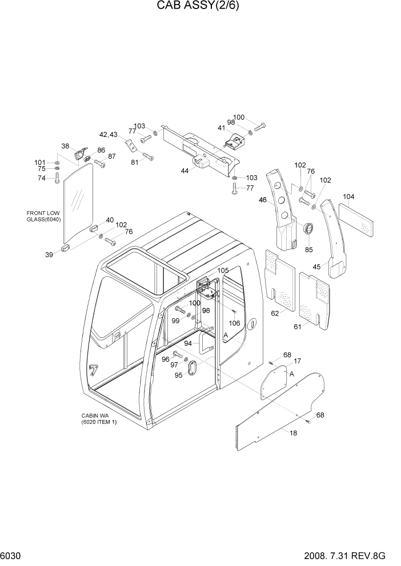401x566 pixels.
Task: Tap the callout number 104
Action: coord(348,197)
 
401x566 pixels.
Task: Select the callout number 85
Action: coord(308,249)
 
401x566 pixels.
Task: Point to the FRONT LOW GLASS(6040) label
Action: coord(43,216)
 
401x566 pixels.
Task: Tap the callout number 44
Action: coord(185,171)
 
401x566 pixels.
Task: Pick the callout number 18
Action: coord(293,433)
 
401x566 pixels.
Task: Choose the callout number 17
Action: coord(297,361)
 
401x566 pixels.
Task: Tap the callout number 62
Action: coord(275,313)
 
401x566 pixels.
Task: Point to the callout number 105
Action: coord(223,270)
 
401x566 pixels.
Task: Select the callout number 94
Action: coord(188,343)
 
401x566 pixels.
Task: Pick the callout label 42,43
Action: coord(109,135)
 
